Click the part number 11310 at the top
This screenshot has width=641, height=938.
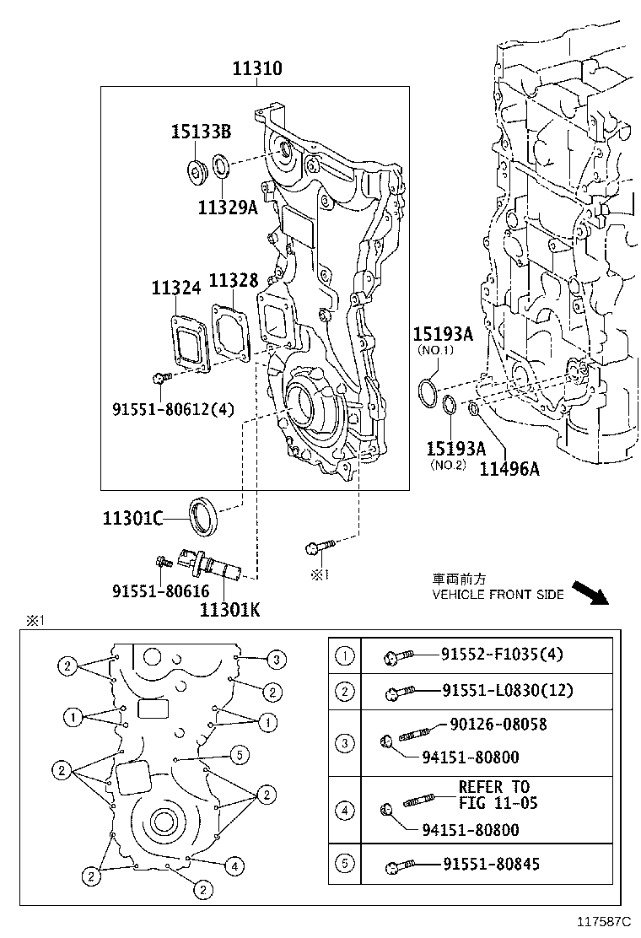257,68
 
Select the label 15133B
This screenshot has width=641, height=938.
201,132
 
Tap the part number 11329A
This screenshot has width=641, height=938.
228,207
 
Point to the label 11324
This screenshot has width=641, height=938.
175,288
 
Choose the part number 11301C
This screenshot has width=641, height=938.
132,518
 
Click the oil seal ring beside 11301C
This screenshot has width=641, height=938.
204,516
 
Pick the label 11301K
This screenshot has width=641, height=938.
230,610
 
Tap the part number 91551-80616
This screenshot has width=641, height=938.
161,591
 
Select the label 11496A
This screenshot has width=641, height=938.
509,469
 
